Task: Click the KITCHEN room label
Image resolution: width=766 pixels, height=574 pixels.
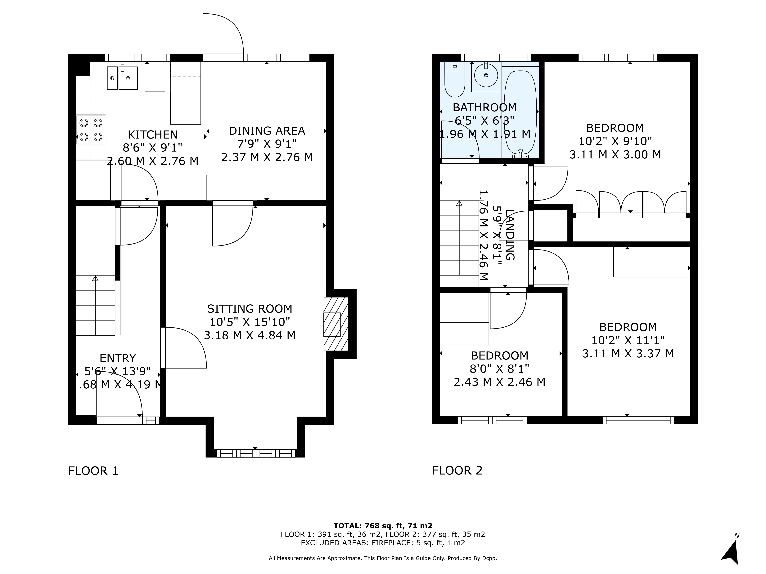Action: (x=153, y=135)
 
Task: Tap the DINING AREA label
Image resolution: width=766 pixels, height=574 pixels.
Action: (x=267, y=131)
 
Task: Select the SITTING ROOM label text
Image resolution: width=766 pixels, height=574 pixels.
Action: (x=250, y=309)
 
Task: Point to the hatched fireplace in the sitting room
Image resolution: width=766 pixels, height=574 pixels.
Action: (x=336, y=324)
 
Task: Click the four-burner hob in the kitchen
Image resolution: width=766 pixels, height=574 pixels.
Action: (x=91, y=130)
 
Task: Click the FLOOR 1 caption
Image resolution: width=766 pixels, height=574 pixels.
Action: (x=93, y=471)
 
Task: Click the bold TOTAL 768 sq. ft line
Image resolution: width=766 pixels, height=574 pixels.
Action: (x=383, y=526)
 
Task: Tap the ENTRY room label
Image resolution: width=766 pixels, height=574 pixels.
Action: (x=118, y=358)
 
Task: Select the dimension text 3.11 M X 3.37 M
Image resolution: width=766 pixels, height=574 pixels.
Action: (x=628, y=354)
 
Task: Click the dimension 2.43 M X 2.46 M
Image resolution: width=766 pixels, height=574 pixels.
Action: (x=499, y=382)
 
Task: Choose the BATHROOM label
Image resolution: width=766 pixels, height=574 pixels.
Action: (x=485, y=108)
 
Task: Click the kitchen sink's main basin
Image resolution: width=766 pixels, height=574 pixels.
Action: (x=128, y=78)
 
